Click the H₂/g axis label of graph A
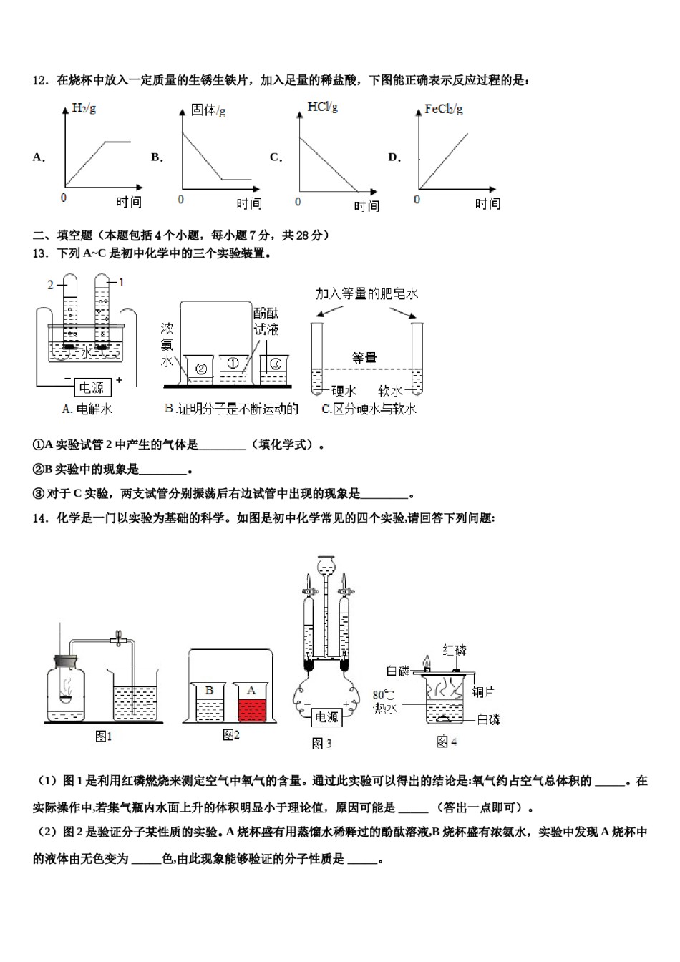[x=84, y=109]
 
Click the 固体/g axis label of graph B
[x=208, y=110]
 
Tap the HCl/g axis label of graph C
[x=322, y=107]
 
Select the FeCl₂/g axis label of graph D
[x=443, y=109]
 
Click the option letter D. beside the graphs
[x=394, y=157]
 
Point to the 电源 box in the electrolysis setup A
[x=91, y=387]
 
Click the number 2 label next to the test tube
[x=51, y=285]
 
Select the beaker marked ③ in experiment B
[x=273, y=364]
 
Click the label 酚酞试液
[x=266, y=322]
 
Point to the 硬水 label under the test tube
[x=344, y=391]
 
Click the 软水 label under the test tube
[x=390, y=391]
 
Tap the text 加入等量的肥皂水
[x=366, y=293]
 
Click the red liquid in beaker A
[x=251, y=711]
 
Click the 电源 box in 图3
[x=326, y=716]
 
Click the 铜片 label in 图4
[x=484, y=692]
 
